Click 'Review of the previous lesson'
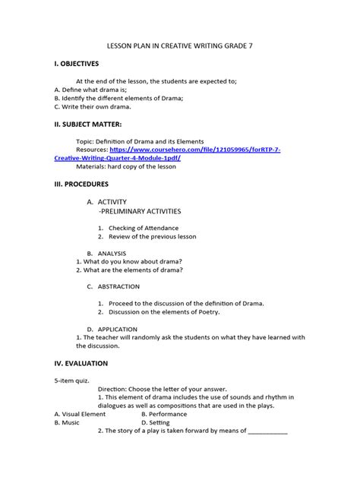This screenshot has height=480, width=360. (x=152, y=236)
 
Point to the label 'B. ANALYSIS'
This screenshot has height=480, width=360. (x=106, y=253)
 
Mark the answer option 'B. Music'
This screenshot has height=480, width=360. (x=66, y=422)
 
